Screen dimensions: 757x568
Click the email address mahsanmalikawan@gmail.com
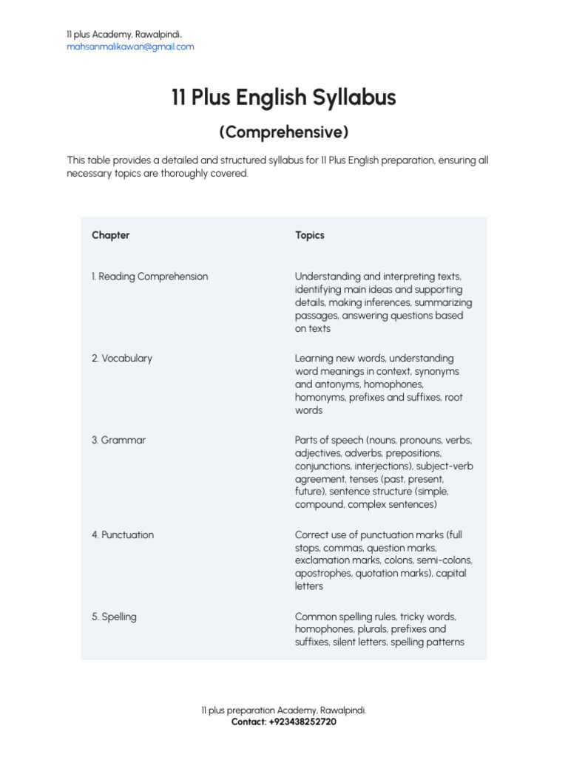tap(130, 47)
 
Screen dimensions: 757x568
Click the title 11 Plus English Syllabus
tap(283, 98)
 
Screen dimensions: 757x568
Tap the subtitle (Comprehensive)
tap(283, 133)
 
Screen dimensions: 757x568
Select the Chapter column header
tap(110, 235)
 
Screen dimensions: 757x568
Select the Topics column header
tap(309, 235)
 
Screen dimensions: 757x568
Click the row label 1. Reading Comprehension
tap(149, 276)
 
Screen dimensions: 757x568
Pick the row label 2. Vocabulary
tap(121, 359)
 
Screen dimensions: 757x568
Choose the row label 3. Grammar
tap(118, 440)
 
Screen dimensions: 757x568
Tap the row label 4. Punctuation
tap(123, 534)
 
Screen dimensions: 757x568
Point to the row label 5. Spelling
tap(114, 617)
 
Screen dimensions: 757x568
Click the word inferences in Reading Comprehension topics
tap(396, 302)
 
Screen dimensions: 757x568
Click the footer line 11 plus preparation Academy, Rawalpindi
tap(283, 710)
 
